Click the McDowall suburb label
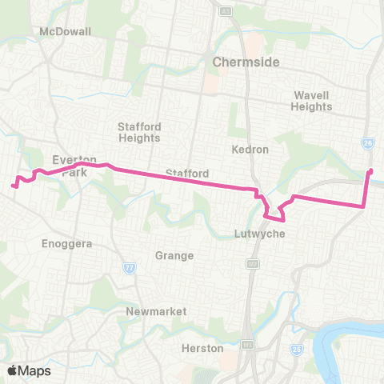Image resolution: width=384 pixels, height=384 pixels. (66, 31)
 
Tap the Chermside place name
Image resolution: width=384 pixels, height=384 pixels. (239, 62)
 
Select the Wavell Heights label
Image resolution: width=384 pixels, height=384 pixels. (311, 101)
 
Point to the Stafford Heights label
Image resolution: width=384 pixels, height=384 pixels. (139, 132)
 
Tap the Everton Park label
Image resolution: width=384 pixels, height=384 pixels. (74, 166)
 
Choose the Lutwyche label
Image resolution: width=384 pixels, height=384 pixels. (255, 234)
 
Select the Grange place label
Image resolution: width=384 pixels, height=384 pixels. (175, 256)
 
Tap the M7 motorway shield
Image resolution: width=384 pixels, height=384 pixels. (254, 263)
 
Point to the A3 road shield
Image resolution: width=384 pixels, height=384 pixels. (226, 10)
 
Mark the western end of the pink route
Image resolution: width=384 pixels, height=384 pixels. (14, 186)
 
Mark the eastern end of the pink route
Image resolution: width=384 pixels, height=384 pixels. (370, 171)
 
